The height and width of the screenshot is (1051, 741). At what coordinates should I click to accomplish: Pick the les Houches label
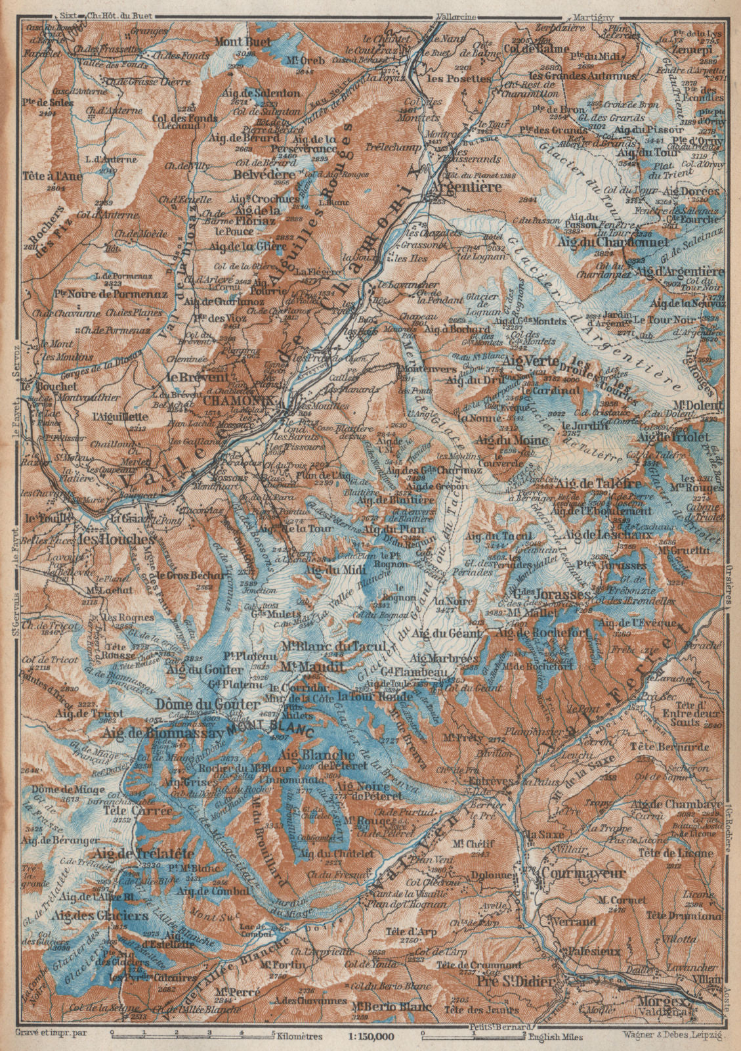[x=117, y=538]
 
